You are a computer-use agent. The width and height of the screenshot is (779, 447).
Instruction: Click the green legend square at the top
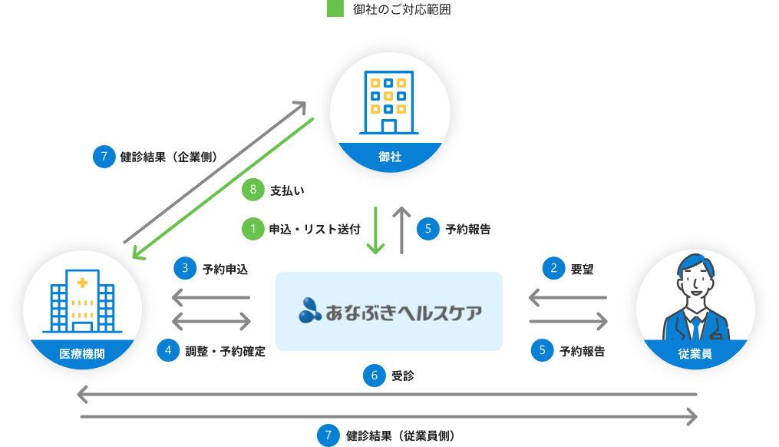335,10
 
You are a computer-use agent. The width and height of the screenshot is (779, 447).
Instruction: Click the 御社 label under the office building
390,157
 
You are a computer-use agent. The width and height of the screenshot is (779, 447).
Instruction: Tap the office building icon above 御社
389,104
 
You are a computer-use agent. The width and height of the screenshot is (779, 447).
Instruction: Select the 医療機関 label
82,354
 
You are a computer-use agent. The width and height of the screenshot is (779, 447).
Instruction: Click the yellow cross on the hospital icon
82,283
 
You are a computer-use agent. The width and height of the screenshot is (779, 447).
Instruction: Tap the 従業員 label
695,354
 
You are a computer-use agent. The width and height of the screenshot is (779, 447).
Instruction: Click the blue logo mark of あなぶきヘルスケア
311,311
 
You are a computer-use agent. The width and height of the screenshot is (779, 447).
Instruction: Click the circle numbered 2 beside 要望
553,268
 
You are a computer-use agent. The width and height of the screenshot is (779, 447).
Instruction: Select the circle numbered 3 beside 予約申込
185,268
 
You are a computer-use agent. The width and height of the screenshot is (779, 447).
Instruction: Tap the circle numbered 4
168,350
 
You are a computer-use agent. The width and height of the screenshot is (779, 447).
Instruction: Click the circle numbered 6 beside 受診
374,376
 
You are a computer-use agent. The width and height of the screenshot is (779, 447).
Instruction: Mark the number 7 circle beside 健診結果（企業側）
104,156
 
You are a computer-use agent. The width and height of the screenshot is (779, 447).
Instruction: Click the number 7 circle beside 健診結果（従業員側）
328,435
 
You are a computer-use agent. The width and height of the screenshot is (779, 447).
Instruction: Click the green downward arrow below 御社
375,230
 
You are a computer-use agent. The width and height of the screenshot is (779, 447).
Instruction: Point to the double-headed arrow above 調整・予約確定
212,320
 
